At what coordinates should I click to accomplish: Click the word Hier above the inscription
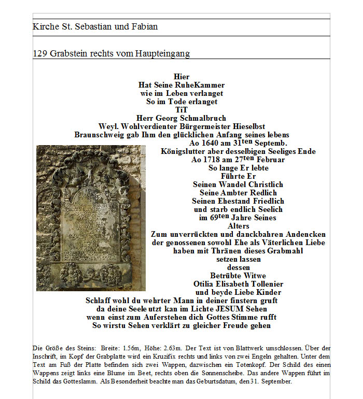click(181, 77)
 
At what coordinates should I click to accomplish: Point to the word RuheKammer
click(200, 85)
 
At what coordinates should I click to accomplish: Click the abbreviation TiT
click(181, 110)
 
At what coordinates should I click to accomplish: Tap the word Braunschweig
click(100, 135)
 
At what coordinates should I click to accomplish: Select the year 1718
click(212, 160)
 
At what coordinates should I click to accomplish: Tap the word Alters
click(239, 226)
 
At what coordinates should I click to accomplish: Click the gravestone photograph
click(91, 218)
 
